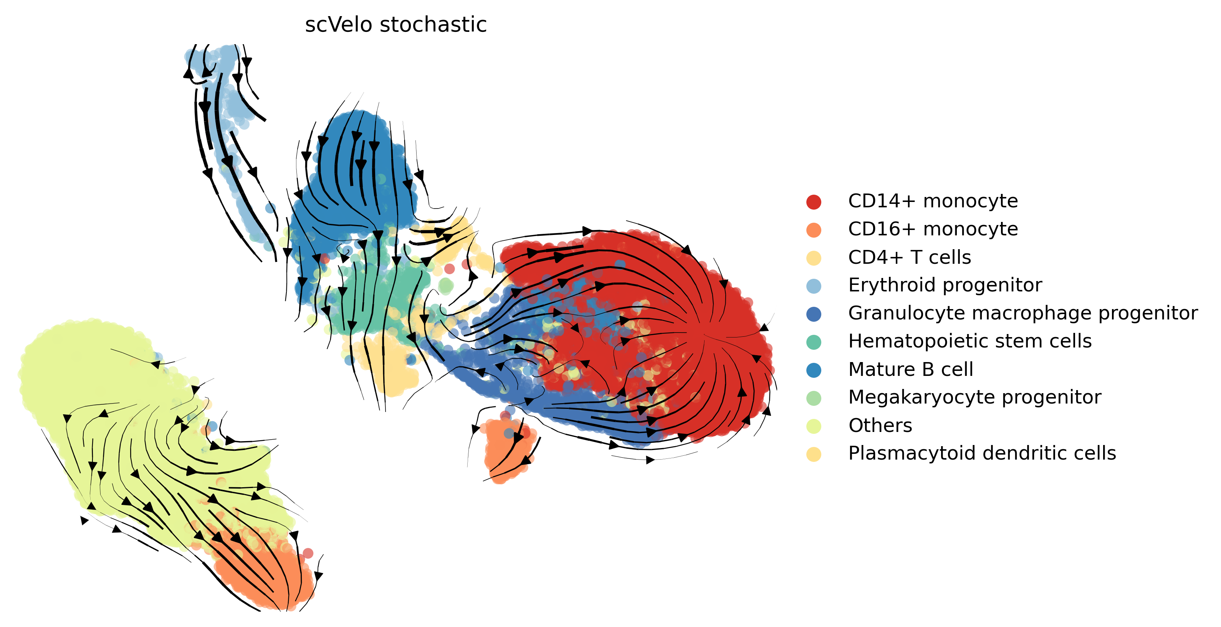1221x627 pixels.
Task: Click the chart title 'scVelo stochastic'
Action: (396, 25)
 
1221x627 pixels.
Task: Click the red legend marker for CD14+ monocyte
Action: (813, 202)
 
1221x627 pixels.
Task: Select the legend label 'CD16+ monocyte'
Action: (933, 229)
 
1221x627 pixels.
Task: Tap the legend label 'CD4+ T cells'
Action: (909, 257)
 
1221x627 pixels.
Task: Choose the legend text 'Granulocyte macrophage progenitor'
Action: (1023, 313)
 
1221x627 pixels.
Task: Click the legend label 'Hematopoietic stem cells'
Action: (970, 341)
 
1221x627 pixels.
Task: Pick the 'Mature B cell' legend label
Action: (910, 369)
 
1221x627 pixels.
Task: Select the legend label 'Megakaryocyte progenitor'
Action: (974, 397)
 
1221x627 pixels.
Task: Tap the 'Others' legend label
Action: (880, 425)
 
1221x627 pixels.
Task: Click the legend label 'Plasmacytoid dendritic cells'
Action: (982, 453)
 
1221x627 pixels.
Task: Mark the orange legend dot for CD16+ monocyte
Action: (813, 230)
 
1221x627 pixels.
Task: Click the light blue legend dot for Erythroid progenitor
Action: (813, 286)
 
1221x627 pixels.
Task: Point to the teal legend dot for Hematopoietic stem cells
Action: (813, 342)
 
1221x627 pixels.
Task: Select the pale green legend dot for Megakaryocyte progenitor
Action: (813, 398)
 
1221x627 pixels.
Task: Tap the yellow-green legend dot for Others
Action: (813, 426)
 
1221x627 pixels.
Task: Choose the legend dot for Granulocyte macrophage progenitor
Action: (813, 314)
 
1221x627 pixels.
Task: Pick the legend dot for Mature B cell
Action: (813, 370)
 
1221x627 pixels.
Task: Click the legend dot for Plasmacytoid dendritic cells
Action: (813, 454)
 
